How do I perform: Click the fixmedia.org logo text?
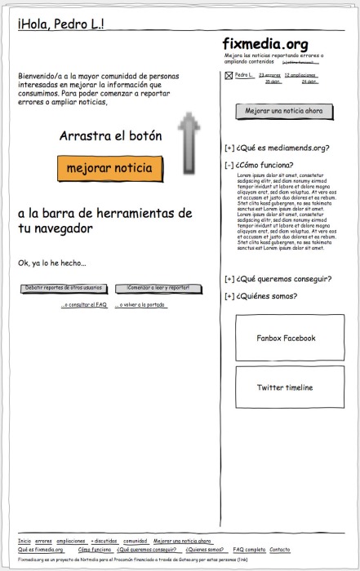pyautogui.click(x=264, y=44)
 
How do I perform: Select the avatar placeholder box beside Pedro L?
pyautogui.click(x=229, y=77)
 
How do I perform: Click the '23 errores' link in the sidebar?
pyautogui.click(x=269, y=76)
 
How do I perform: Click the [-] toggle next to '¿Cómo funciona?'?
pyautogui.click(x=229, y=165)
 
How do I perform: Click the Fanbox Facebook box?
pyautogui.click(x=285, y=338)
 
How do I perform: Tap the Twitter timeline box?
pyautogui.click(x=284, y=387)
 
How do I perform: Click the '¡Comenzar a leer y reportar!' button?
pyautogui.click(x=158, y=288)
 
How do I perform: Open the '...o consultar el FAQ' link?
pyautogui.click(x=84, y=305)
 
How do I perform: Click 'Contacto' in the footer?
pyautogui.click(x=279, y=550)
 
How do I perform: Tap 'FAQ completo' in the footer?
pyautogui.click(x=249, y=550)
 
